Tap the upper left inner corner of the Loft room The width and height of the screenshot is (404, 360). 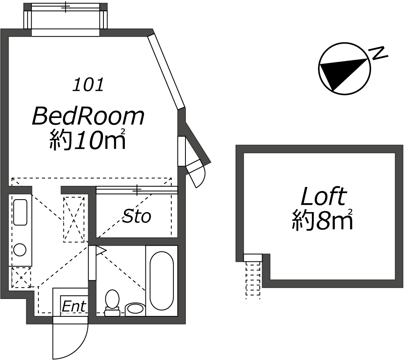[244, 153]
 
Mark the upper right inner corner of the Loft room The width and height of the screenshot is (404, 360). [396, 153]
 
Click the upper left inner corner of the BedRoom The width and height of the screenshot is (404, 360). [9, 37]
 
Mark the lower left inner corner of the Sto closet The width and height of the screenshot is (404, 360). [97, 238]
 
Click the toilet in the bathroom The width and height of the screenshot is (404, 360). [112, 303]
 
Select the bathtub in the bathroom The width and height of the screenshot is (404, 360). [162, 281]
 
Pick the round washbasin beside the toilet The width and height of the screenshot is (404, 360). [135, 309]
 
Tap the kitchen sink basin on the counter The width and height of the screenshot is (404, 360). [20, 212]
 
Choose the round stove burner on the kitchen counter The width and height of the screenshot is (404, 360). [19, 249]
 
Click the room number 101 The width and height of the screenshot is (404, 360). [88, 85]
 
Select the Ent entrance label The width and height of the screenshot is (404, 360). [74, 306]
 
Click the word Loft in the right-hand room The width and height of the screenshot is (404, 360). [324, 196]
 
